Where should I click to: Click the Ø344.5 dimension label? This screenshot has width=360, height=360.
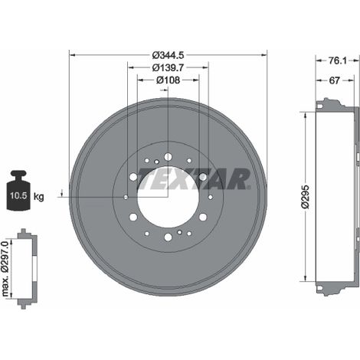tap(168, 55)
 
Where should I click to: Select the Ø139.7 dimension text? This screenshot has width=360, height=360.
tap(168, 67)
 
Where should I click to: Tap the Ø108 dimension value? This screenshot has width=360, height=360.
tap(168, 80)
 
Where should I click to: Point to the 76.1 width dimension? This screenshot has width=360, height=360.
tap(337, 61)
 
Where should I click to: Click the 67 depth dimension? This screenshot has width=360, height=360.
tap(334, 80)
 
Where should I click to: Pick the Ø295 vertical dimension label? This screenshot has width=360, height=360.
tap(306, 197)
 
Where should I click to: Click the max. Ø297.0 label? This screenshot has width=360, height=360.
tap(5, 269)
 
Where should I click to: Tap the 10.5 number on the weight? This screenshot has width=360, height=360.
tap(18, 196)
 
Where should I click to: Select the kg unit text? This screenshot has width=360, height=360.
tap(39, 197)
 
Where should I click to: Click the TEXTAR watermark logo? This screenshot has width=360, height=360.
tap(193, 178)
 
